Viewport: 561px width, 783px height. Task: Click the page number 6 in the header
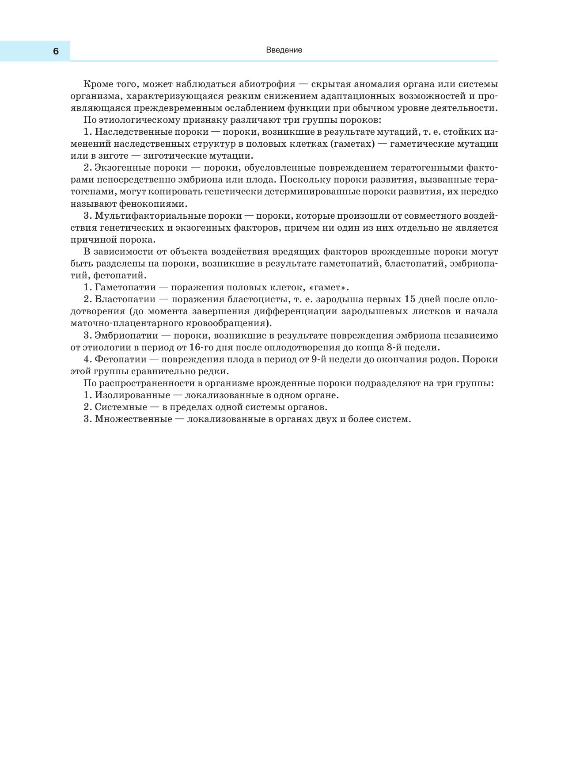[56, 51]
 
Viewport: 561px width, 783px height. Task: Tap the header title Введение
[284, 50]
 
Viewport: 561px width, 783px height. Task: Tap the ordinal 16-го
[201, 347]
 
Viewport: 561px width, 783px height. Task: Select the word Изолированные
[132, 395]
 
